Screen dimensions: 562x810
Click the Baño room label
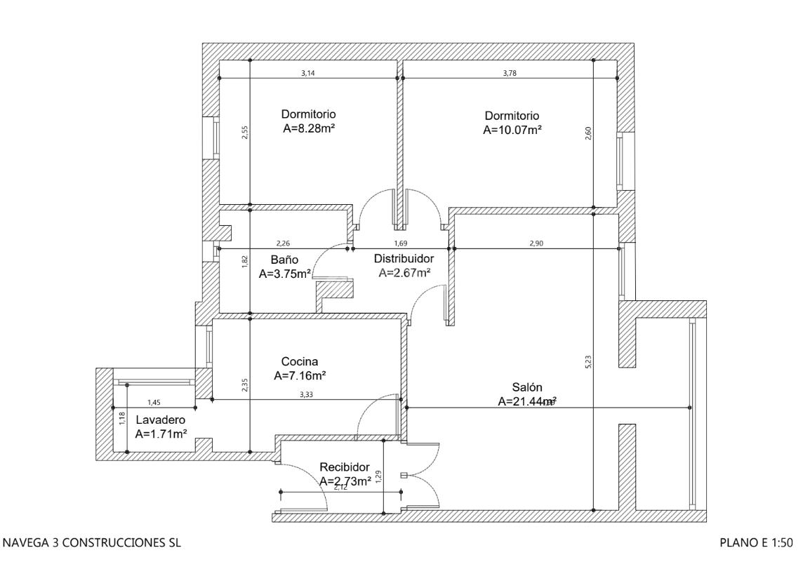pyautogui.click(x=280, y=260)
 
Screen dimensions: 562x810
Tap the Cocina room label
pyautogui.click(x=300, y=361)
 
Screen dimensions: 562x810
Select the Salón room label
pyautogui.click(x=526, y=387)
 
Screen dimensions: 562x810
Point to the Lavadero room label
pyautogui.click(x=145, y=419)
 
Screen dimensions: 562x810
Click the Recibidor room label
pyautogui.click(x=344, y=467)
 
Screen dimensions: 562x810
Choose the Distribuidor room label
pyautogui.click(x=404, y=257)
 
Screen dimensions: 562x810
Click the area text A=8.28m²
pyautogui.click(x=308, y=128)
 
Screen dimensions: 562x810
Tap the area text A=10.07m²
pyautogui.click(x=512, y=130)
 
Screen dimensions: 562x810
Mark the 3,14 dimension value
pyautogui.click(x=307, y=74)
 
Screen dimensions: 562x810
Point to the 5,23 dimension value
pyautogui.click(x=588, y=361)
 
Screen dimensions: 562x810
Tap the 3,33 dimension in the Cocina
pyautogui.click(x=306, y=395)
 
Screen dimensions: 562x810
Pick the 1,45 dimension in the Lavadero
pyautogui.click(x=154, y=402)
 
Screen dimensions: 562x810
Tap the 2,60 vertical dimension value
pyautogui.click(x=588, y=133)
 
